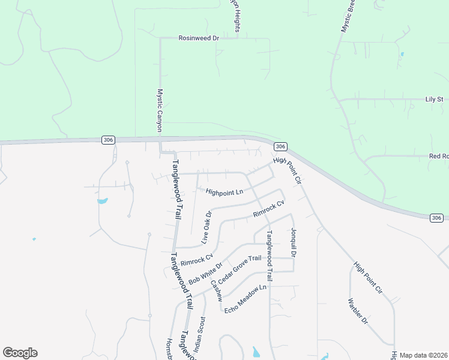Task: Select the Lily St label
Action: (x=433, y=99)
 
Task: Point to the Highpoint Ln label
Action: (x=224, y=193)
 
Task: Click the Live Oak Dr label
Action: (x=206, y=227)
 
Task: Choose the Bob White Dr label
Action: (x=205, y=274)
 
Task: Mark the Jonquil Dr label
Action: (x=294, y=242)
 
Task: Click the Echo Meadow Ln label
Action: (x=245, y=299)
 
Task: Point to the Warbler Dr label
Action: (x=358, y=311)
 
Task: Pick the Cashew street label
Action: (x=216, y=290)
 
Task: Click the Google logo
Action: (x=20, y=353)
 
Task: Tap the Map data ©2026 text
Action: (x=423, y=355)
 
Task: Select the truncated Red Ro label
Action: (x=438, y=156)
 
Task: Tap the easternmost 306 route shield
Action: (x=436, y=217)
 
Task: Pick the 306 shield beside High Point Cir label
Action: (x=280, y=146)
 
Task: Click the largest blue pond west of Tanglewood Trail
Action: (x=102, y=200)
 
